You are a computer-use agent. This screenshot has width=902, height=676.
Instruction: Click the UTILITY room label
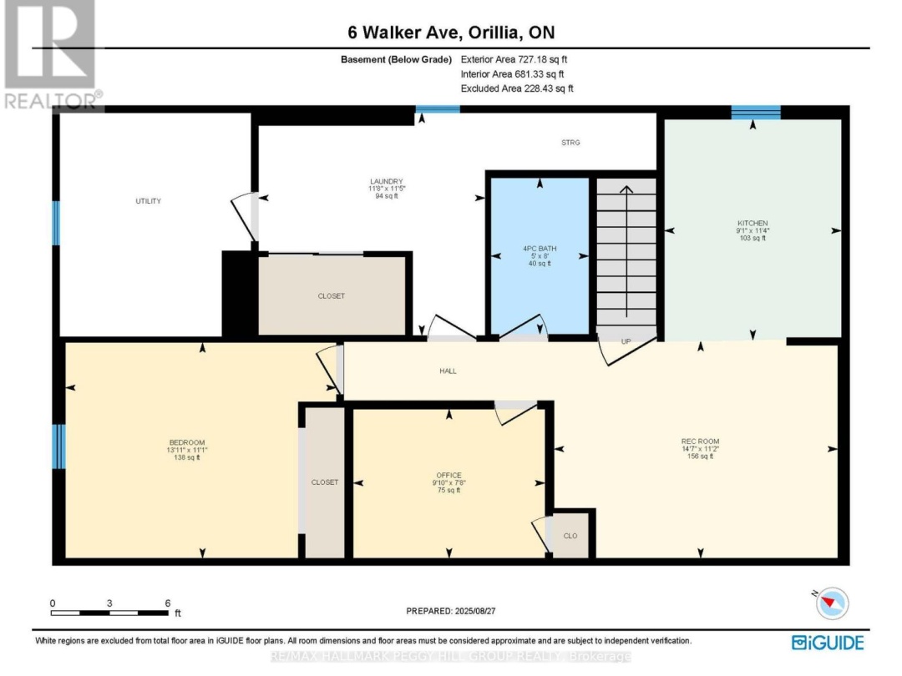pyautogui.click(x=149, y=201)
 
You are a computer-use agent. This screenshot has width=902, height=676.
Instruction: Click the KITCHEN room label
pyautogui.click(x=752, y=224)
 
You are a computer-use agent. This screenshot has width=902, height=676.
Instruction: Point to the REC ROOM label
pyautogui.click(x=700, y=441)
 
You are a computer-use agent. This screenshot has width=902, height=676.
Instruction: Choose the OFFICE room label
pyautogui.click(x=448, y=475)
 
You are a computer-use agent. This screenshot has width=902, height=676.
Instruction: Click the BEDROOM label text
pyautogui.click(x=186, y=442)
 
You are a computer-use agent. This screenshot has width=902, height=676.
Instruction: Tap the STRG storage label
pyautogui.click(x=570, y=143)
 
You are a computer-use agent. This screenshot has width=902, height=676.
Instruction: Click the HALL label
pyautogui.click(x=448, y=371)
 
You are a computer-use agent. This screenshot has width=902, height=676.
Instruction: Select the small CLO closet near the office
pyautogui.click(x=570, y=536)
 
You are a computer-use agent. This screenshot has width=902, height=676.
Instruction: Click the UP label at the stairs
pyautogui.click(x=626, y=341)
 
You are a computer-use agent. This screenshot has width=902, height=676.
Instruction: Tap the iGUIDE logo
pyautogui.click(x=828, y=642)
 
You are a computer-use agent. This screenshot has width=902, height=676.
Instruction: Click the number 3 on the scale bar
pyautogui.click(x=109, y=603)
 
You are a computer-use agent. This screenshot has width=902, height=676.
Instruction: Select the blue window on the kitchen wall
pyautogui.click(x=756, y=113)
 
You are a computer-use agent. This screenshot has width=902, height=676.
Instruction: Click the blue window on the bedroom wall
pyautogui.click(x=58, y=446)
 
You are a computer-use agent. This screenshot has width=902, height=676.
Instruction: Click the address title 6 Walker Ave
pyautogui.click(x=451, y=33)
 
